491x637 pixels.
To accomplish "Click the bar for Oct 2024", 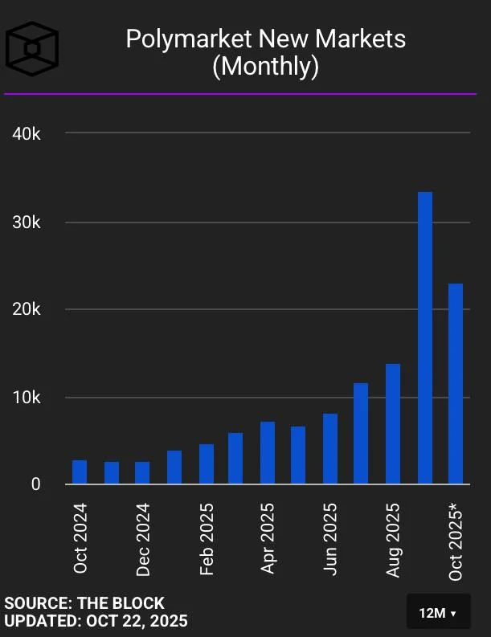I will tap(80, 472).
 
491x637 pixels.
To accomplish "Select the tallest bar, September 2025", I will tap(425, 337).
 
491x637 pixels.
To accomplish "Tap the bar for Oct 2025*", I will tap(456, 384).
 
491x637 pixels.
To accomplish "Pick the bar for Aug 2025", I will tap(393, 424).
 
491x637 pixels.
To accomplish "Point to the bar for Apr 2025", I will tap(268, 453).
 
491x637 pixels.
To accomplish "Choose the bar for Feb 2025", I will tap(207, 464).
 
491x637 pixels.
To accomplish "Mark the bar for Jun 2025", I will tap(330, 449).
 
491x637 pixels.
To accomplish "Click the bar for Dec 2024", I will tap(142, 473).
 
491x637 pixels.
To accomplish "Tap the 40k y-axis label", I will tap(27, 133).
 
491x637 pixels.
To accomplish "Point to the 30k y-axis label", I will tap(27, 223).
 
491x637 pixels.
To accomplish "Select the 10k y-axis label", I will tap(27, 398).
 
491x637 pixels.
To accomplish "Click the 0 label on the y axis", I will tap(35, 484).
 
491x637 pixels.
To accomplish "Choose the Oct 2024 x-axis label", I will tap(80, 538).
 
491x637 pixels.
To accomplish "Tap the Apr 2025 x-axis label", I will tap(268, 538).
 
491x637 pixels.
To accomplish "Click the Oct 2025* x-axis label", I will tap(456, 541).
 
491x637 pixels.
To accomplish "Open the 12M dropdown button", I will tap(438, 614).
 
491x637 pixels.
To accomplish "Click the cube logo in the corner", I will tap(33, 48).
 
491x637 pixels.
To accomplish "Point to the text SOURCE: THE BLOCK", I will tap(84, 603).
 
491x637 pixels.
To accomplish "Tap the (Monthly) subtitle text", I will tap(265, 67).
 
